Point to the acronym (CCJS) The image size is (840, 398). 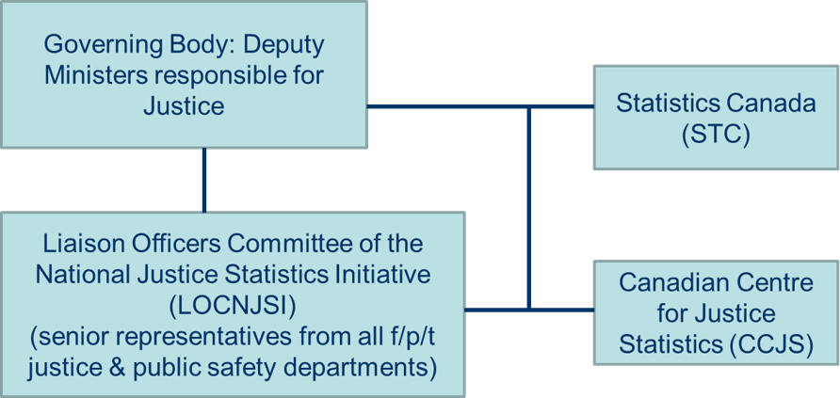point(769,344)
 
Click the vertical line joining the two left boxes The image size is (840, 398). point(203,179)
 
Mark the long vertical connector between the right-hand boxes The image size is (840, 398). point(530,207)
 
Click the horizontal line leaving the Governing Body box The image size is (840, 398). point(443,106)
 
